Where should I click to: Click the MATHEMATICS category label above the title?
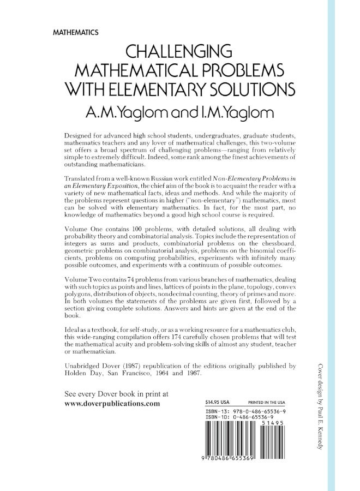click(76, 33)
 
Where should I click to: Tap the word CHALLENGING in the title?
click(179, 53)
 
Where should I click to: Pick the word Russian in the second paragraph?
click(162, 178)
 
